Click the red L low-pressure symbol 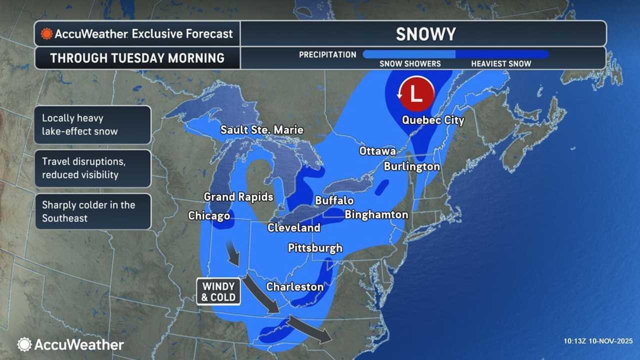tap(416, 92)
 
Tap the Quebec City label tap(433, 120)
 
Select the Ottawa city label tap(377, 151)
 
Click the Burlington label tap(412, 166)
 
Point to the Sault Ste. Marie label tap(262, 130)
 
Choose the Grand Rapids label tap(238, 197)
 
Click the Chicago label tap(209, 216)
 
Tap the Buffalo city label tap(334, 200)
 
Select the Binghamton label tap(376, 215)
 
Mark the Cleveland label tap(294, 228)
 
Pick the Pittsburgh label tap(315, 248)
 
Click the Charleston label tap(294, 287)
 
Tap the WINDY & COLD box tap(218, 291)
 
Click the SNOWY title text tap(425, 34)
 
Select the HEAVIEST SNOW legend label tap(501, 63)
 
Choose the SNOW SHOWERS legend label tap(410, 63)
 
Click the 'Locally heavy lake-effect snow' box tap(93, 125)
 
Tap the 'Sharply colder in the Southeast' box tap(93, 211)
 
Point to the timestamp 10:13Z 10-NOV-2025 tap(598, 341)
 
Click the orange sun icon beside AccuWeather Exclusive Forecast tap(46, 34)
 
